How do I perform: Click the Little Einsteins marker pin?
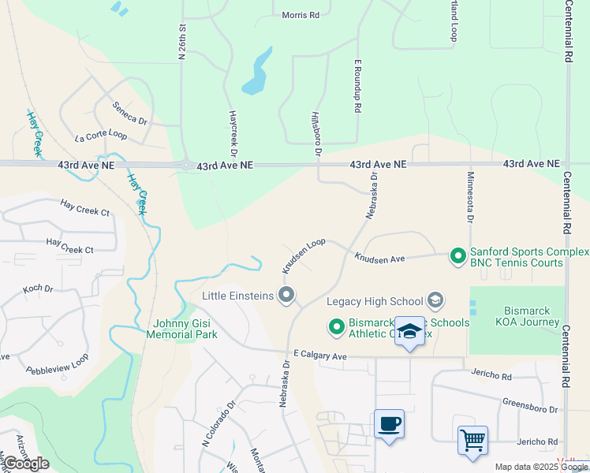(287, 296)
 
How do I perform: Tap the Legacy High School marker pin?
(435, 300)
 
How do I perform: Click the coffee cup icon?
(389, 424)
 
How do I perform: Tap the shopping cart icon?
(472, 440)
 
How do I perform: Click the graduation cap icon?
(409, 331)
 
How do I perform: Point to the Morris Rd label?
(301, 15)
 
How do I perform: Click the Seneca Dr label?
(130, 114)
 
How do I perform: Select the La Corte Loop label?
(101, 136)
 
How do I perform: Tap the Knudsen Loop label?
(304, 254)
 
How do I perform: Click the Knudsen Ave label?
(379, 258)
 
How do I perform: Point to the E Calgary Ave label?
(319, 356)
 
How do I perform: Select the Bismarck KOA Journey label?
(516, 315)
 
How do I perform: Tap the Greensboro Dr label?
(530, 405)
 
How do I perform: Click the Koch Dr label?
(38, 289)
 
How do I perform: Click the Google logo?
(26, 464)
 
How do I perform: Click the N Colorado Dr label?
(218, 426)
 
